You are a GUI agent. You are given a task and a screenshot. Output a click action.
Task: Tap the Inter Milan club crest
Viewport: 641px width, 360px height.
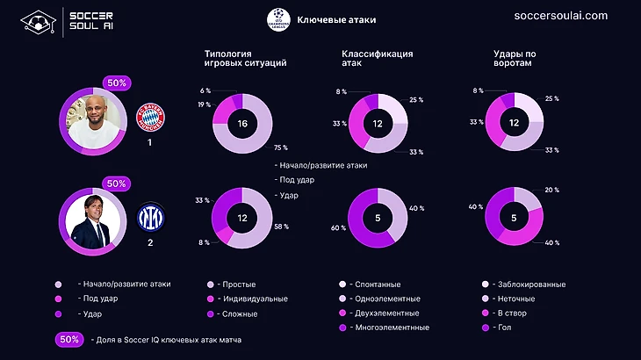pos(150,214)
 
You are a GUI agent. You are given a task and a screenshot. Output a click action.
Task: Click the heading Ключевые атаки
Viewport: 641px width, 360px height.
pos(336,19)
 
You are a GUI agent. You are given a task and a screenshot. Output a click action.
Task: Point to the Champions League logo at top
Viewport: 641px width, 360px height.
pos(279,19)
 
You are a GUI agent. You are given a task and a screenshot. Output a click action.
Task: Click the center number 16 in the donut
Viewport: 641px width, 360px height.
pos(241,124)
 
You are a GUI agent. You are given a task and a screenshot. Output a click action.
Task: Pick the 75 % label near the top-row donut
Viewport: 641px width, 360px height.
pos(281,148)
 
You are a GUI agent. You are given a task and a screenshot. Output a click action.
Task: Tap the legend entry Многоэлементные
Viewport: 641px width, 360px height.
pos(389,328)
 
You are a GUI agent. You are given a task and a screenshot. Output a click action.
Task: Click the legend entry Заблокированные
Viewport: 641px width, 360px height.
pos(529,284)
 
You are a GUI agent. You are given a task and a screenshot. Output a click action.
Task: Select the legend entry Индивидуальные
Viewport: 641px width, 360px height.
pos(256,299)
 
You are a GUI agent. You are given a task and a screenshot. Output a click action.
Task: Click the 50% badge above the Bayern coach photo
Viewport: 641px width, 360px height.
pos(116,83)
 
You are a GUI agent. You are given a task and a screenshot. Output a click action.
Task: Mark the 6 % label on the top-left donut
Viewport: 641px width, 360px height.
pos(205,91)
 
